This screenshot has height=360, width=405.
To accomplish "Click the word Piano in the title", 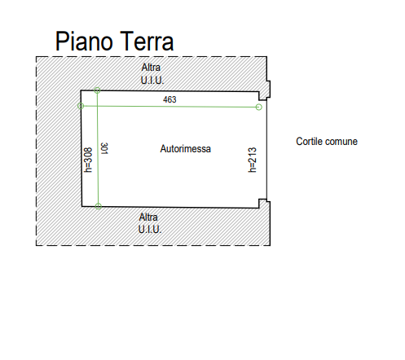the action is pos(84,41).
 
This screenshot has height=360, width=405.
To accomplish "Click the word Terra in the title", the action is pos(147,41).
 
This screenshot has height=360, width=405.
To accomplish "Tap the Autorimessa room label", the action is pos(186,149).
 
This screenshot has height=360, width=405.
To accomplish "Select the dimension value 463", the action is pos(169,99).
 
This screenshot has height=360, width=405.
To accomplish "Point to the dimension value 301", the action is pos(104,148).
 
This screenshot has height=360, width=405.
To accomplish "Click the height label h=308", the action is pos(88,160).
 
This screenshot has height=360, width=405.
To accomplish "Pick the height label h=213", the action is pos(252,160).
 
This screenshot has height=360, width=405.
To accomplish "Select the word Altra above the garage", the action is pos(151,68).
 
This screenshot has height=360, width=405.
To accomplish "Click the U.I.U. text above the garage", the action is pos(152,81).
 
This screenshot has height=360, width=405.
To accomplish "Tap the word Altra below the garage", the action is pos(148,217).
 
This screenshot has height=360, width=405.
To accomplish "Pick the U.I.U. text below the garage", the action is pos(150,230).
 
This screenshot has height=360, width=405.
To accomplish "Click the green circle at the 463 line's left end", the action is pos(81,106).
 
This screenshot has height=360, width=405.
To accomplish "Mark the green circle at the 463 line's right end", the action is pos(259,108).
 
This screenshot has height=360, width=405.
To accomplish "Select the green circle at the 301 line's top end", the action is pos(97,90).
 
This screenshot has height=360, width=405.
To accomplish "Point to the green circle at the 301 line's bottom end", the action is pos(99,206).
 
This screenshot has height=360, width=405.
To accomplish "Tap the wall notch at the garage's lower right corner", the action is pos(264,204).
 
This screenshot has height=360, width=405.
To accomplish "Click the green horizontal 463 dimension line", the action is pos(169,107).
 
